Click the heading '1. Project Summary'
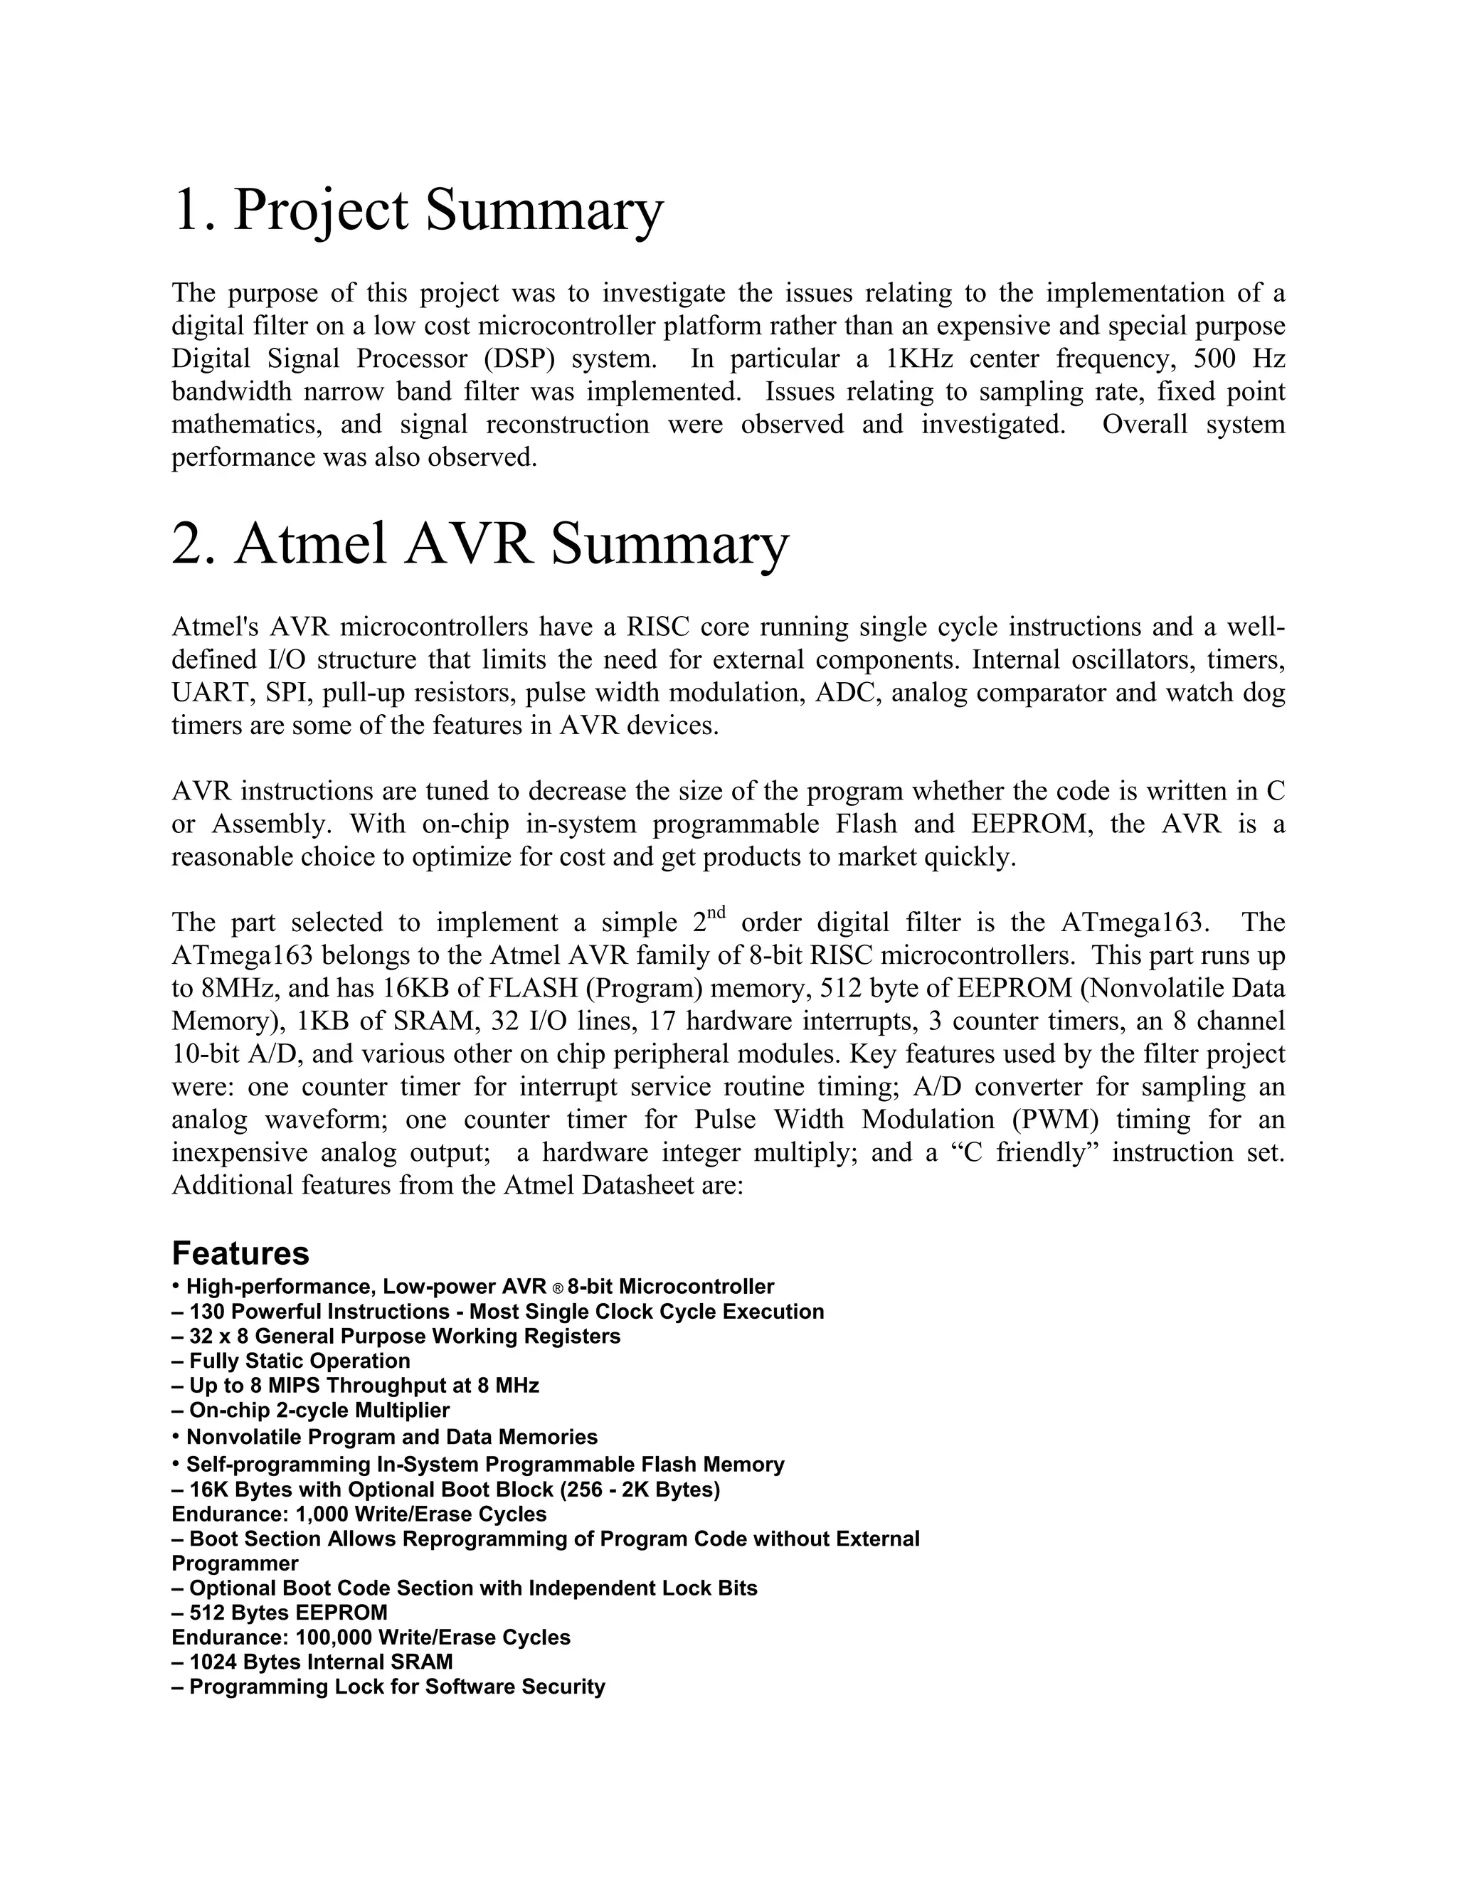(x=418, y=211)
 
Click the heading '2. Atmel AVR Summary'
(x=480, y=545)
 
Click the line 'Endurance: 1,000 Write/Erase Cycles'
(x=359, y=1514)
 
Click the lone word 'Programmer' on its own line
(x=235, y=1563)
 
